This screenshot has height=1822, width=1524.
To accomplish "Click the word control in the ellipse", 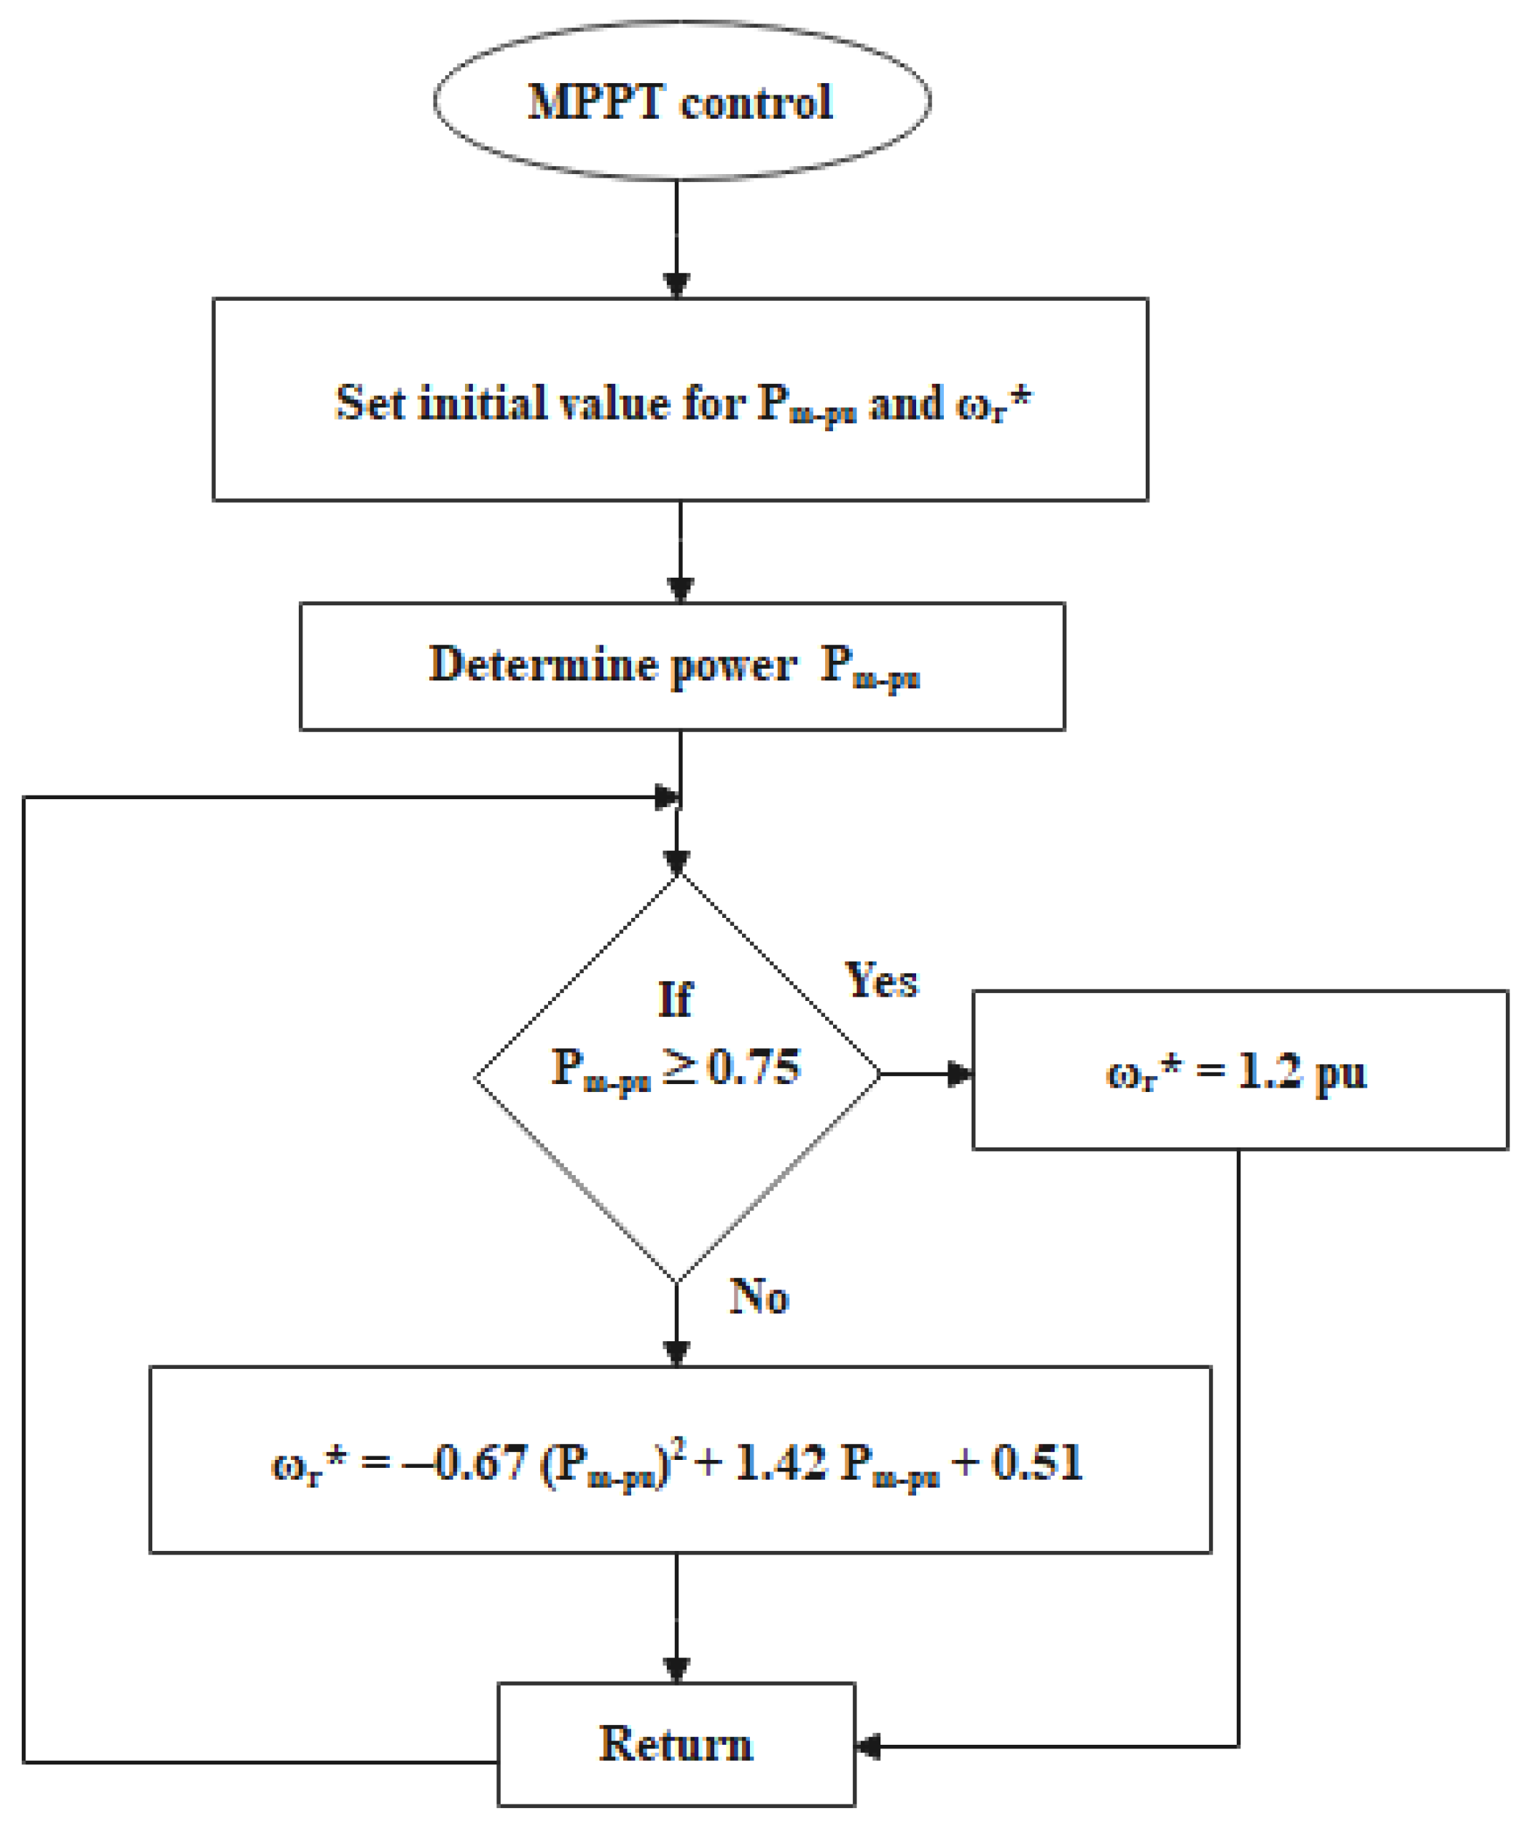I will click(x=757, y=103).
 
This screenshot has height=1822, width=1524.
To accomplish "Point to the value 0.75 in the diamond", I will click(x=754, y=1068).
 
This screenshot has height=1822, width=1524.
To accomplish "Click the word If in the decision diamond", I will click(x=675, y=1000).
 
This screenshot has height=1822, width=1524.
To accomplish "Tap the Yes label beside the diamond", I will click(x=881, y=981).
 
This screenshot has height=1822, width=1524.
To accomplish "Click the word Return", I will click(x=676, y=1744).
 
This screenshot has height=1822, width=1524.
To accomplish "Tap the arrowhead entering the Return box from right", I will click(x=868, y=1746).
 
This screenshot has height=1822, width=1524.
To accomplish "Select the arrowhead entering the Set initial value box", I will click(x=677, y=286).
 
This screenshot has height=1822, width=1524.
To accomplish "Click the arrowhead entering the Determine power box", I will click(x=681, y=590).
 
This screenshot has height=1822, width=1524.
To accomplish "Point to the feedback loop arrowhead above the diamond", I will click(x=667, y=797).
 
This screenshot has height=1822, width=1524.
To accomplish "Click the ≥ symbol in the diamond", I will click(x=679, y=1068).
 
